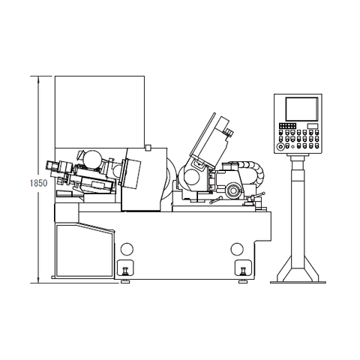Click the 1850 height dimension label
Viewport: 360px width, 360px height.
(x=38, y=183)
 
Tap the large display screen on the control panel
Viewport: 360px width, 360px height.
(x=301, y=109)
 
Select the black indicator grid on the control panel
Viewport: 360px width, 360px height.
(x=287, y=126)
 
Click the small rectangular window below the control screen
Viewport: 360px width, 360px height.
(x=313, y=126)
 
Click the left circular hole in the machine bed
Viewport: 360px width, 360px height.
(x=127, y=249)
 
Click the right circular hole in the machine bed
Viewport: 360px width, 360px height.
(x=237, y=249)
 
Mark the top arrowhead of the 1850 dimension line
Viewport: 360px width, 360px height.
(x=38, y=76)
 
